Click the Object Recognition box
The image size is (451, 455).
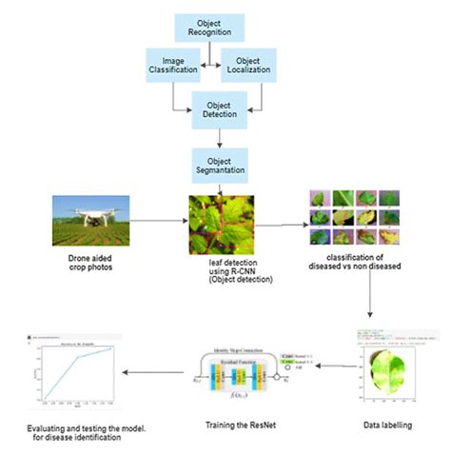(207, 28)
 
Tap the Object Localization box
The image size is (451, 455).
(249, 64)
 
